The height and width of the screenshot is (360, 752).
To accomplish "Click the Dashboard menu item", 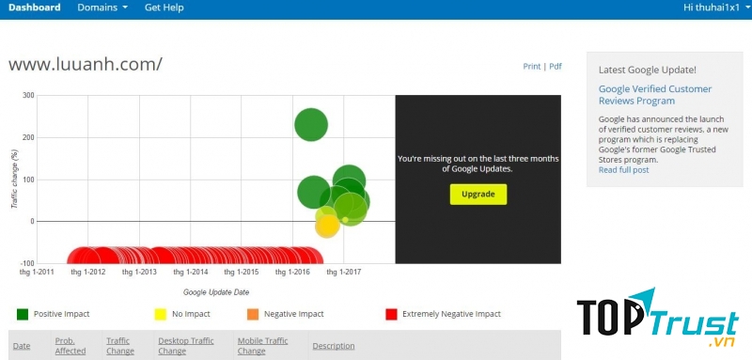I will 34,8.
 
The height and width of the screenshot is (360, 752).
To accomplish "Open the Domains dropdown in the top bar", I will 102,8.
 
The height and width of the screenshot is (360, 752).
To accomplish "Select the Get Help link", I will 164,8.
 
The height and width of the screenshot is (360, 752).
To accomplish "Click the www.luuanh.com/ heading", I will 85,64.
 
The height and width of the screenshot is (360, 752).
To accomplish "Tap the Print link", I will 532,67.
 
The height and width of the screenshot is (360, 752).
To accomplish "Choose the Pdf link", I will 556,67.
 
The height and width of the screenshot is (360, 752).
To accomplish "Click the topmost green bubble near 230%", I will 311,124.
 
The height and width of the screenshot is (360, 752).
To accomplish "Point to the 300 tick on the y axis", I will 28,95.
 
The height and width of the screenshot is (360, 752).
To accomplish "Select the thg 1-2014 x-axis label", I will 192,272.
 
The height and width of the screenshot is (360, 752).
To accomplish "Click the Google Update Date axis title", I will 216,292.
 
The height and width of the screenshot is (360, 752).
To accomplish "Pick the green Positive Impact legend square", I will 23,314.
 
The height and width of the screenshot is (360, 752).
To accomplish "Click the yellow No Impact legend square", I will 160,314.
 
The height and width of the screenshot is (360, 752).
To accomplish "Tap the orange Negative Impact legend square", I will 252,314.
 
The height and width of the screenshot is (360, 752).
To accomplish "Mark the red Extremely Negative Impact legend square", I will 391,314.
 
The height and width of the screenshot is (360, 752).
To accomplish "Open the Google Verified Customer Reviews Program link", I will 655,95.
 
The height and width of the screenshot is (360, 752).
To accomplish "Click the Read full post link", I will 623,170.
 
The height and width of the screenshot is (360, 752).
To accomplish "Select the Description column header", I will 334,346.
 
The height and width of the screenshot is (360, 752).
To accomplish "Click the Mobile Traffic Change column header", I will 262,346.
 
